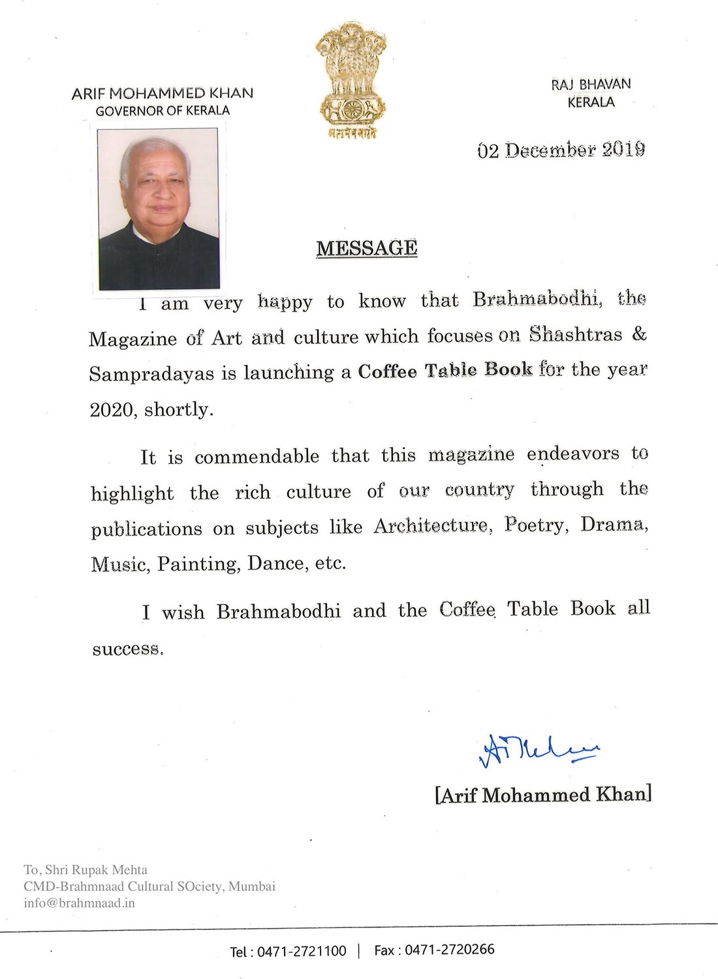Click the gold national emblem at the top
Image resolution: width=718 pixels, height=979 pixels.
351,78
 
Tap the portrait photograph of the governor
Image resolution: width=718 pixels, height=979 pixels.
158,209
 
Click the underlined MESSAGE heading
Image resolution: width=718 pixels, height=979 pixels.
367,249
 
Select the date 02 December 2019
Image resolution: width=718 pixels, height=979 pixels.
561,150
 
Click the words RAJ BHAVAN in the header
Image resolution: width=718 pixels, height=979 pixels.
591,84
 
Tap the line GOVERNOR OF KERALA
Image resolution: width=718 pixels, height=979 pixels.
163,111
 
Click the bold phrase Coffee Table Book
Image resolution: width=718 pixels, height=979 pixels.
445,371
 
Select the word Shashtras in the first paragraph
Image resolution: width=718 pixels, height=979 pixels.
576,335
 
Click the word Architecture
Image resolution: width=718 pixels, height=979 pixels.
431,526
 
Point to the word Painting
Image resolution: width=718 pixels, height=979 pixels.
198,564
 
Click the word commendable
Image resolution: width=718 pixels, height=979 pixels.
257,456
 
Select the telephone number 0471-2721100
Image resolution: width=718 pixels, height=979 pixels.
302,951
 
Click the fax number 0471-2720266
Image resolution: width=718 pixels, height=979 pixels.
450,950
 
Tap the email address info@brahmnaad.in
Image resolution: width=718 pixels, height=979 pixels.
79,903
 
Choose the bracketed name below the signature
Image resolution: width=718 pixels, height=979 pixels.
543,795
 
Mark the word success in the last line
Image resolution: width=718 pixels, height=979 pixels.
127,649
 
